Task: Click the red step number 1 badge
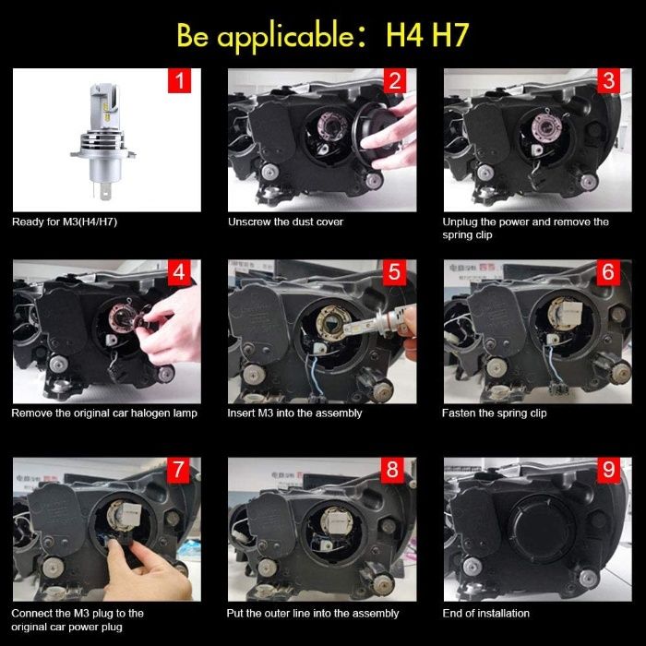coord(179,81)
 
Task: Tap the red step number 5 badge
coord(395,272)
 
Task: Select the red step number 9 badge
coord(608,470)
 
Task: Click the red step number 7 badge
coord(178,470)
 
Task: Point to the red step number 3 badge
coord(608,81)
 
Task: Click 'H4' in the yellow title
coord(404,35)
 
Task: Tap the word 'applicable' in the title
coord(285,37)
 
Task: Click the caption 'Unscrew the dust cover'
coord(285,222)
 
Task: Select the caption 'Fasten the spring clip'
coord(495,413)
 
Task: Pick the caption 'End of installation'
coord(486,614)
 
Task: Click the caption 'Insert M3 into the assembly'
coord(294,413)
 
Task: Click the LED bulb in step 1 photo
coord(103,140)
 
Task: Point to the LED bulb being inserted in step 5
coord(375,322)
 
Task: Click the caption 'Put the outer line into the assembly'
coord(313,614)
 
